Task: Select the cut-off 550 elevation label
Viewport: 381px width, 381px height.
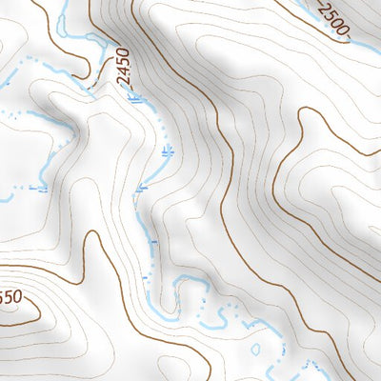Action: pos(9,298)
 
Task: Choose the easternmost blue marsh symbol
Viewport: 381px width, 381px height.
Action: pos(168,150)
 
